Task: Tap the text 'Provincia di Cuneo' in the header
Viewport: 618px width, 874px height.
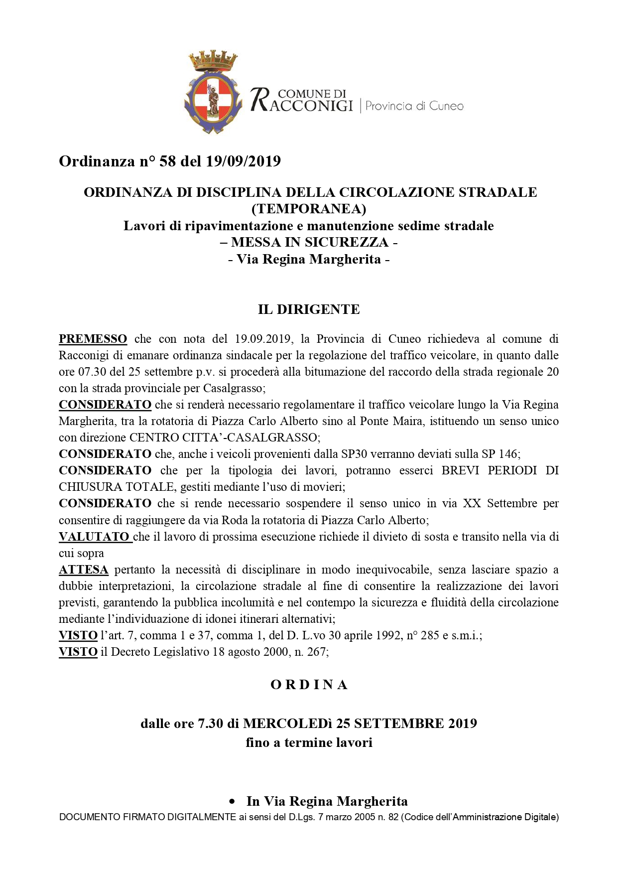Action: pos(414,106)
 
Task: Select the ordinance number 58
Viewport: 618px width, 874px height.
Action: pos(167,161)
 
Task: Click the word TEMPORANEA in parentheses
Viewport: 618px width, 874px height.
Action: pos(309,209)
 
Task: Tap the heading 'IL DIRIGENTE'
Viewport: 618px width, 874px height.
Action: pos(309,309)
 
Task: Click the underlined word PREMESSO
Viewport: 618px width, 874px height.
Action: pos(93,339)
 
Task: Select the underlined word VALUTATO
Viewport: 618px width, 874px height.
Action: pos(95,537)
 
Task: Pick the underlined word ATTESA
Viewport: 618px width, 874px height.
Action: pos(84,570)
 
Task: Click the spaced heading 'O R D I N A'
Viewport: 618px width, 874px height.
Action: pos(309,685)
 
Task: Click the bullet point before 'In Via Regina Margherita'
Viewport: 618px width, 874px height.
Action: pos(232,802)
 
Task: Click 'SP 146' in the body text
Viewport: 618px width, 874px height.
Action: pos(500,454)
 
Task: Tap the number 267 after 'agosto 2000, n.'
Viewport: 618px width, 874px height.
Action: pos(316,652)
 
